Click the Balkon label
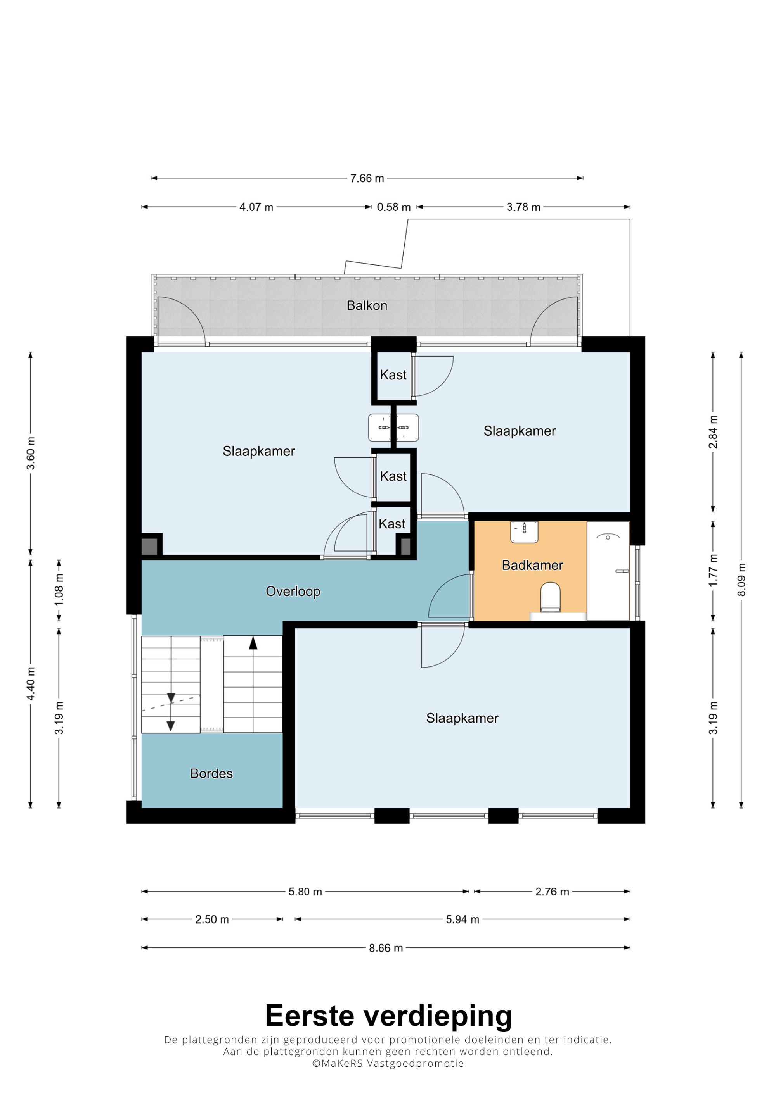(x=367, y=305)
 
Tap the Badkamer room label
(x=532, y=565)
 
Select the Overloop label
(x=293, y=592)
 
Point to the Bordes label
(x=211, y=774)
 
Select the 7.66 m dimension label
(x=367, y=179)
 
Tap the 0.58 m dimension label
(x=393, y=207)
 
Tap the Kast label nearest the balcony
(x=393, y=375)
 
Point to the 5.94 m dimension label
(x=462, y=920)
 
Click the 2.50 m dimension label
(x=212, y=920)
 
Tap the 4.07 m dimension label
(x=256, y=207)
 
